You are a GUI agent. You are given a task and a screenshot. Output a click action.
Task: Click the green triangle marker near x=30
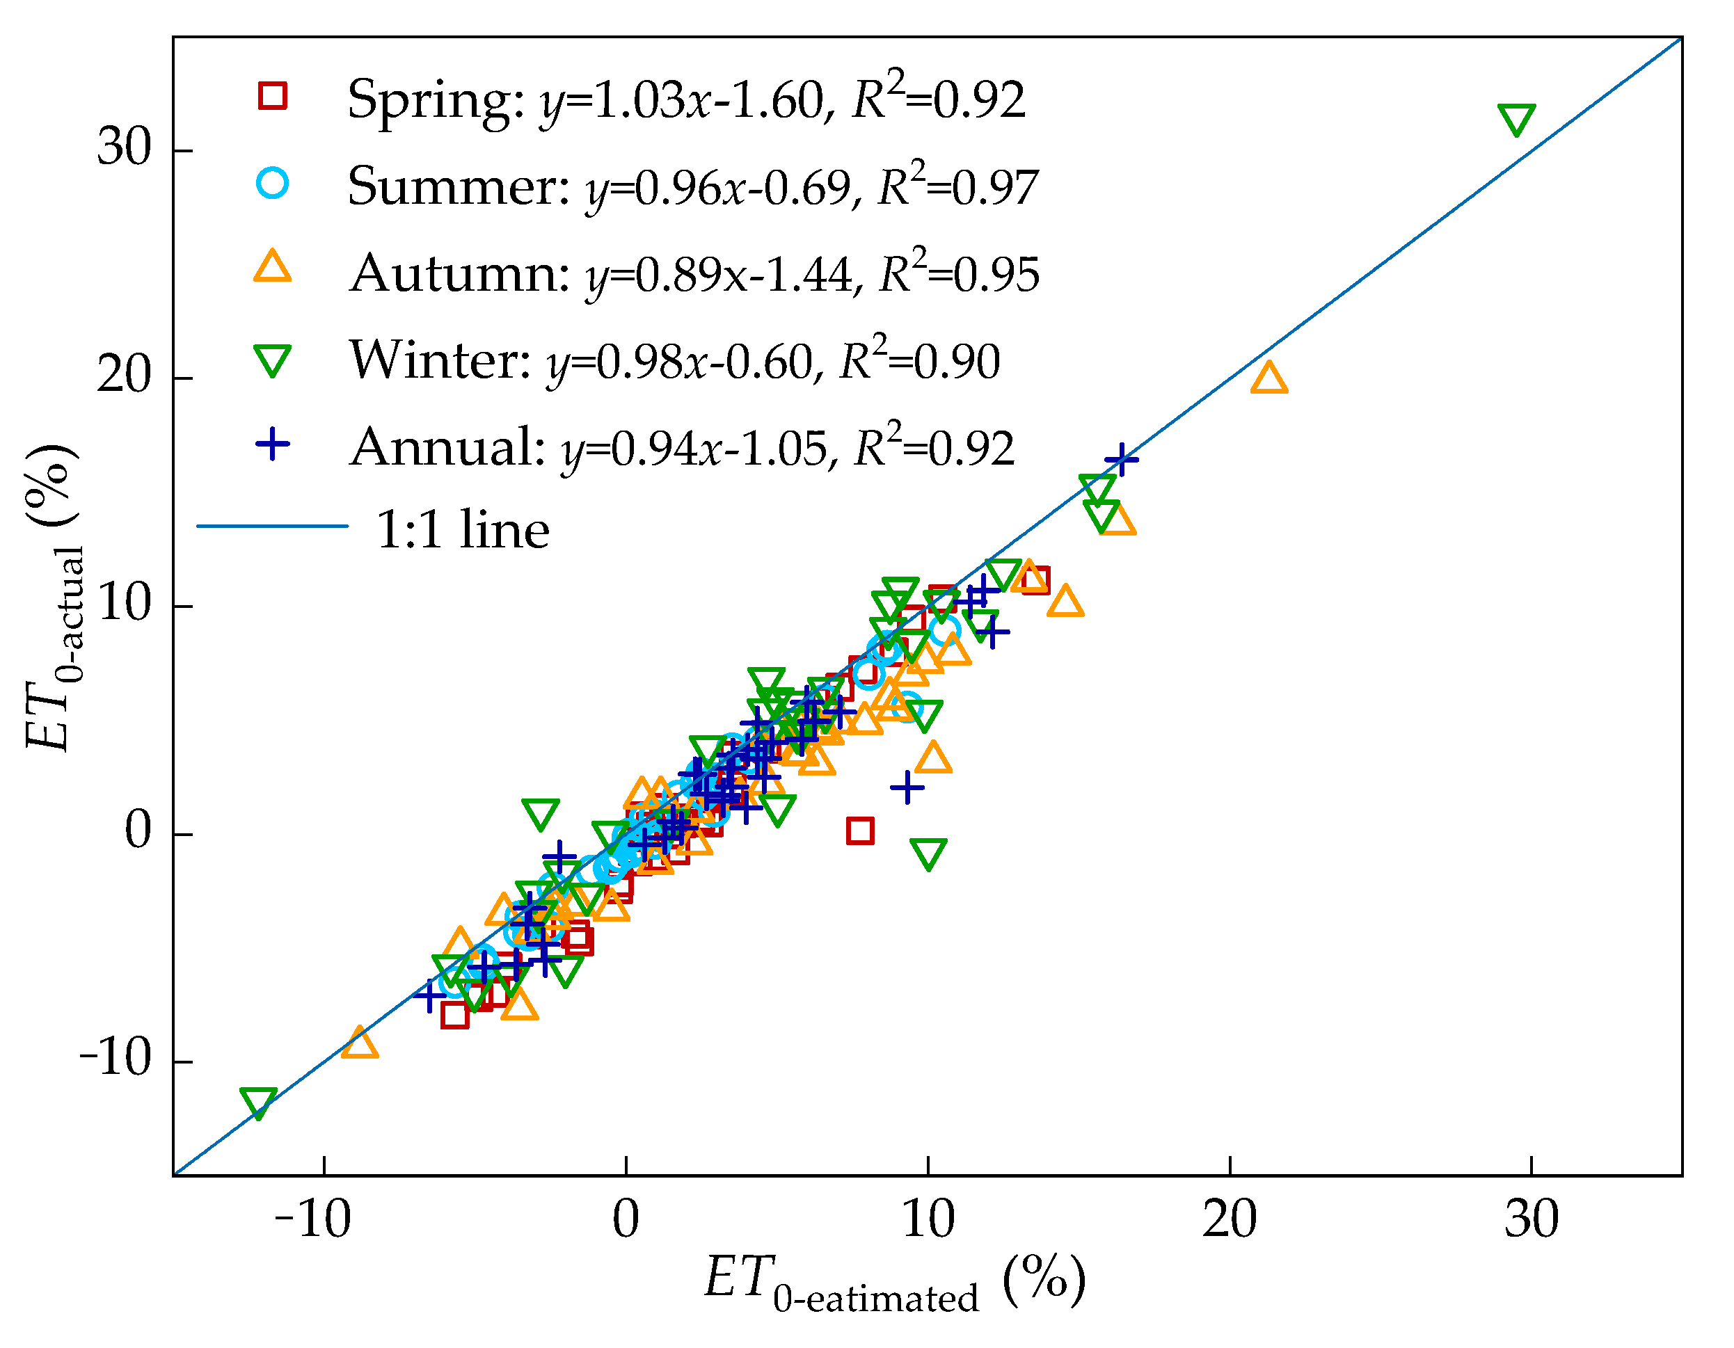[1516, 119]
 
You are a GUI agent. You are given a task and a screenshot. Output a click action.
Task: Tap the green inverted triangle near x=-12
[258, 1102]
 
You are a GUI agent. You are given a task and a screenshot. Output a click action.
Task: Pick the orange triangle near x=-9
[360, 1043]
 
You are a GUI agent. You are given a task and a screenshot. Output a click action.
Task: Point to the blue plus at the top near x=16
[1121, 459]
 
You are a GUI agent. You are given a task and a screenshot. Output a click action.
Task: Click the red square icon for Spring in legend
[272, 96]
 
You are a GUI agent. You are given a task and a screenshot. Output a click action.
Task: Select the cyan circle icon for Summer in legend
[272, 184]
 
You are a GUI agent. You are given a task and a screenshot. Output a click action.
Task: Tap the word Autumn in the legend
[460, 274]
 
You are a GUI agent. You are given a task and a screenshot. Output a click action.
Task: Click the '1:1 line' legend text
[462, 529]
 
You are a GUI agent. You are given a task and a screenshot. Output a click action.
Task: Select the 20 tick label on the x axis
[1229, 1219]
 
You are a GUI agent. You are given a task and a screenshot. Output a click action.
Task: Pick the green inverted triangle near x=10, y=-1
[928, 853]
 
